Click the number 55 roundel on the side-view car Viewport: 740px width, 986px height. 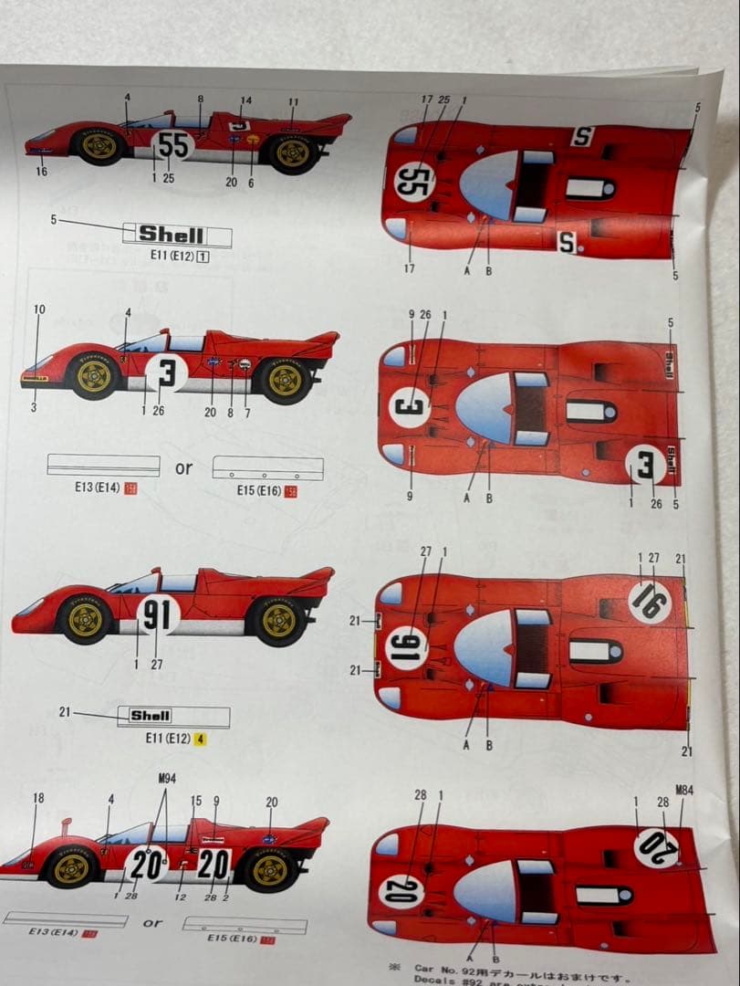tap(172, 145)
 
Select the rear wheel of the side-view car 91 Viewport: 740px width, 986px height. tap(280, 620)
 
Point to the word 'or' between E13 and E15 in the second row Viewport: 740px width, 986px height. tap(184, 468)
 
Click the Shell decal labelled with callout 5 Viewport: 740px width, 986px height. tap(172, 235)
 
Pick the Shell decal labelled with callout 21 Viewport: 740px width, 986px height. tap(151, 716)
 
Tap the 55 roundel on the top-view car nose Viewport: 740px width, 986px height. tap(414, 180)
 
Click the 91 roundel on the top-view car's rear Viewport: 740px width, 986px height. tap(649, 602)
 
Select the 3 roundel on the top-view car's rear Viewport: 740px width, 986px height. tap(646, 469)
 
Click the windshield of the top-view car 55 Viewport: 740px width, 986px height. tap(489, 185)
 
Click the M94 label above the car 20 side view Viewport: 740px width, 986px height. tap(166, 777)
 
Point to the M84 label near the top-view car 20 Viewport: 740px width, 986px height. tap(684, 790)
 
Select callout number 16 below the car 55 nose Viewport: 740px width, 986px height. tap(42, 172)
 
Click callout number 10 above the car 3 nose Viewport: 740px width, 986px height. tap(38, 310)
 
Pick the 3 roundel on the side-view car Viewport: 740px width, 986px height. tap(165, 372)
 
